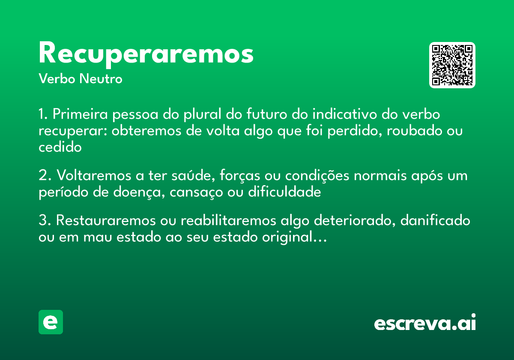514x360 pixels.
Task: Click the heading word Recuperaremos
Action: click(x=146, y=54)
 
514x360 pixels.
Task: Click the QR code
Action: click(x=452, y=65)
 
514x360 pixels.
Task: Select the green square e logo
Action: click(x=51, y=322)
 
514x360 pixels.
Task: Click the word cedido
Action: click(x=60, y=147)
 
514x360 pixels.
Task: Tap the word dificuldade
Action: click(x=284, y=192)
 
